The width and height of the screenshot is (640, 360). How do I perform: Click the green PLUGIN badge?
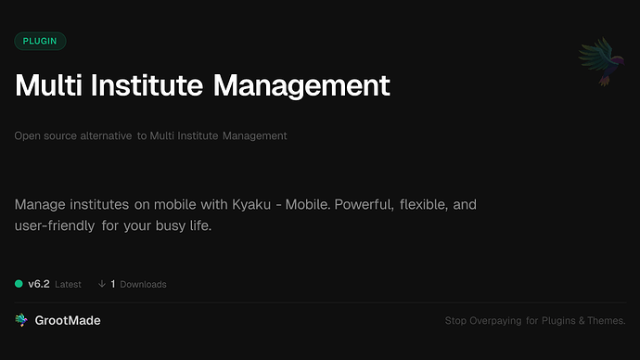[40, 41]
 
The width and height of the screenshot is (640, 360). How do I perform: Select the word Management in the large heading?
[301, 86]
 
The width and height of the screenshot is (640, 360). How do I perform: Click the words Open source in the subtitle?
[44, 135]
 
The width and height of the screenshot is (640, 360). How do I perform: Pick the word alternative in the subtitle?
[104, 135]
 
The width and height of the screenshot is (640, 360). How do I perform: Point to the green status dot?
[19, 284]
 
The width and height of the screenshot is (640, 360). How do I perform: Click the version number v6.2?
[38, 284]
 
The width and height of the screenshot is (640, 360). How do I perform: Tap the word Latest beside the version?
[68, 284]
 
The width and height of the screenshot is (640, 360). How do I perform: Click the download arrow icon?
[101, 284]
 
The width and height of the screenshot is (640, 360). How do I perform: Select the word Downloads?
[143, 284]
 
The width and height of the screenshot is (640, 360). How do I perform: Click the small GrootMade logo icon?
[21, 320]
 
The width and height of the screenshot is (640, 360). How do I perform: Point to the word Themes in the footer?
[608, 321]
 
